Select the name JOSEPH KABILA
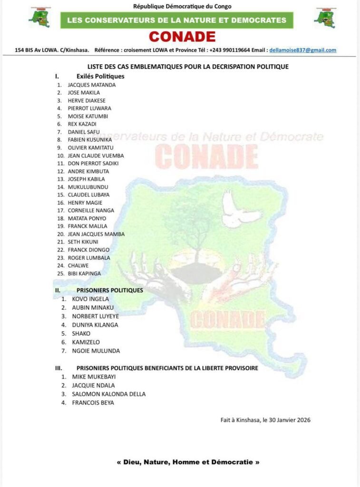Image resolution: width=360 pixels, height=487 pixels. [86, 179]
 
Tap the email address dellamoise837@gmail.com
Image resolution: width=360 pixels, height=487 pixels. [302, 50]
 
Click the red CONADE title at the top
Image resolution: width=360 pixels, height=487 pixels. [182, 37]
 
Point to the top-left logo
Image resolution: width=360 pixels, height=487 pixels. [39, 17]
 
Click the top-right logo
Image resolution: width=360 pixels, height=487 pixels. [325, 17]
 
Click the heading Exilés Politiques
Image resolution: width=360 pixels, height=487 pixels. [100, 76]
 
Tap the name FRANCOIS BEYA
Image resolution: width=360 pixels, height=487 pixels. [93, 403]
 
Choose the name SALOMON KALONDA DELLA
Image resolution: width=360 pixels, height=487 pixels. [108, 394]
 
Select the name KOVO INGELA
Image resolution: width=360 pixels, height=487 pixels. [90, 299]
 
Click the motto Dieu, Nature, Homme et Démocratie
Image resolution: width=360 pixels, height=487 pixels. [188, 462]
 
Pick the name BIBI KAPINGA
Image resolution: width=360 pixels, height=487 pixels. [84, 273]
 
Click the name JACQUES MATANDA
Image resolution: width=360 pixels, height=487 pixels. [91, 85]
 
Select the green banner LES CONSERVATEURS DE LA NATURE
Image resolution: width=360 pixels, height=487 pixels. [176, 20]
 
